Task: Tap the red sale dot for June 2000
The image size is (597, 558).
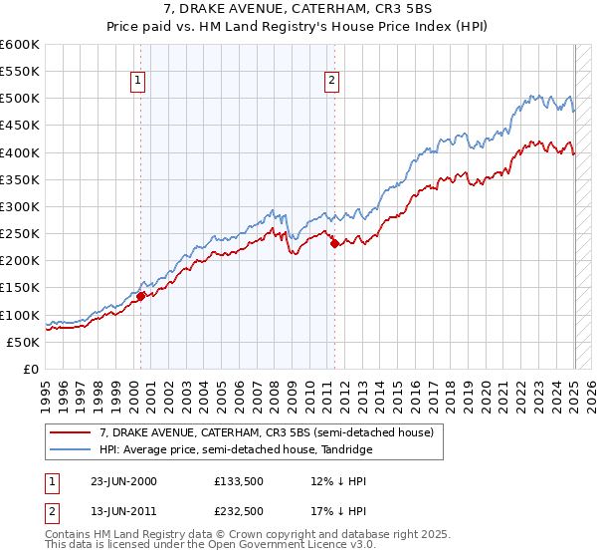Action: tap(141, 296)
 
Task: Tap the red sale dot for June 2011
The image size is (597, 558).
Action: tap(334, 242)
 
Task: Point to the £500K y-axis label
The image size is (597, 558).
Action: tap(20, 99)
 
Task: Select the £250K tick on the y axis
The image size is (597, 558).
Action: tap(20, 234)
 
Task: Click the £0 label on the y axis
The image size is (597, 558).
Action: tap(32, 369)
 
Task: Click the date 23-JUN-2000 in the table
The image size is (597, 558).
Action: tap(123, 481)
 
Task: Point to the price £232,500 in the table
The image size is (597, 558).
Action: tap(238, 511)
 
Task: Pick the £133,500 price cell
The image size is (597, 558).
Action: tap(238, 481)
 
